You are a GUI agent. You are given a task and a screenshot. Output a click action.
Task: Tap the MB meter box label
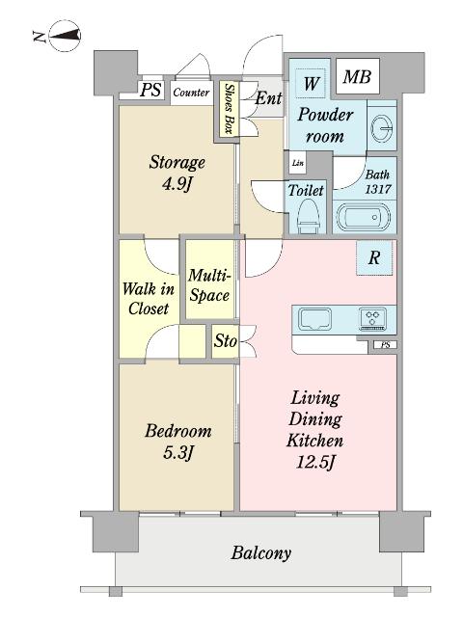click(357, 76)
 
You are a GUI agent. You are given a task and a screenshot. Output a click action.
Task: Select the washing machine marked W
click(311, 83)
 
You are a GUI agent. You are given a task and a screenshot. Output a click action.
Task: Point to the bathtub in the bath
click(363, 217)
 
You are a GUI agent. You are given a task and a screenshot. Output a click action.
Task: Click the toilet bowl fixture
click(307, 216)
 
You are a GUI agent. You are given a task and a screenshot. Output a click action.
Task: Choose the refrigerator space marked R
click(374, 257)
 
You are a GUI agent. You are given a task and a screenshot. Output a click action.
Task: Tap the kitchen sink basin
click(315, 318)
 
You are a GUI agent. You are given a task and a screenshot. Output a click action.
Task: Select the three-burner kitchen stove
click(373, 319)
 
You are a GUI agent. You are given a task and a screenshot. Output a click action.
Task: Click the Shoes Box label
click(229, 108)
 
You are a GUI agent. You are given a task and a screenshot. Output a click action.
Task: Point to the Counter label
click(191, 93)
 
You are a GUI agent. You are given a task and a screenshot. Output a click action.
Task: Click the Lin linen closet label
click(298, 163)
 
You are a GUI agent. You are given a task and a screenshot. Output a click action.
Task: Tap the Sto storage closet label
click(225, 340)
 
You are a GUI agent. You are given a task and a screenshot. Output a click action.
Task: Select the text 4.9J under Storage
click(177, 183)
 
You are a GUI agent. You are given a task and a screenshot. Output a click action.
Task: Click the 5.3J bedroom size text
click(177, 453)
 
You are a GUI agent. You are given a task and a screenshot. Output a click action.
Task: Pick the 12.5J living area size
click(315, 462)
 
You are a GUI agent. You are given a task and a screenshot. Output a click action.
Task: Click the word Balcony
click(261, 552)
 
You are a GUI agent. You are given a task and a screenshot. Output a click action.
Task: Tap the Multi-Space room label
click(209, 285)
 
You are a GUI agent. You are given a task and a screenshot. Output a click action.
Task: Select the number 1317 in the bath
click(378, 189)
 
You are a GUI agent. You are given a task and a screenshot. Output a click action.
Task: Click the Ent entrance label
click(268, 98)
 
